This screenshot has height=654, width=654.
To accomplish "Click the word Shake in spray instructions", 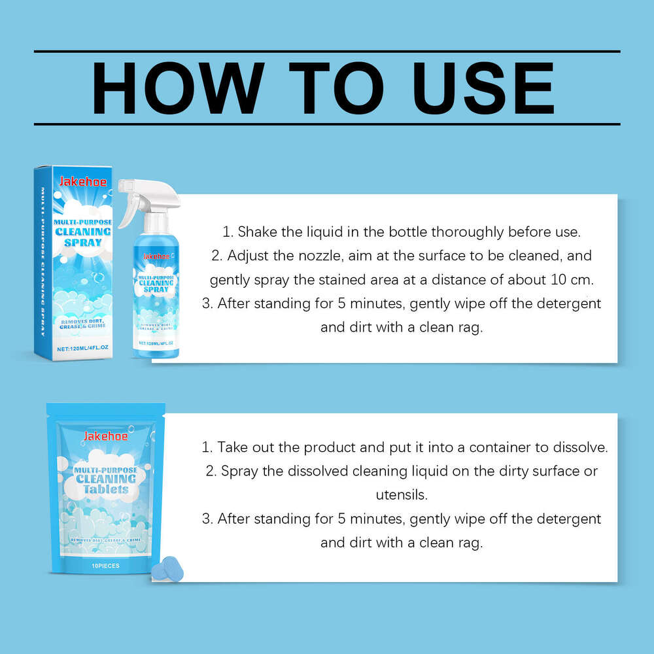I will click(x=256, y=232).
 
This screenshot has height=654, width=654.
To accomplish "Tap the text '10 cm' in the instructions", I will click(x=577, y=280).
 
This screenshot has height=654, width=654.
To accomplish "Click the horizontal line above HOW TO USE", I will click(x=327, y=51).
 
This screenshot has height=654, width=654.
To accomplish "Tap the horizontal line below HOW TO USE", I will click(x=327, y=124).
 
